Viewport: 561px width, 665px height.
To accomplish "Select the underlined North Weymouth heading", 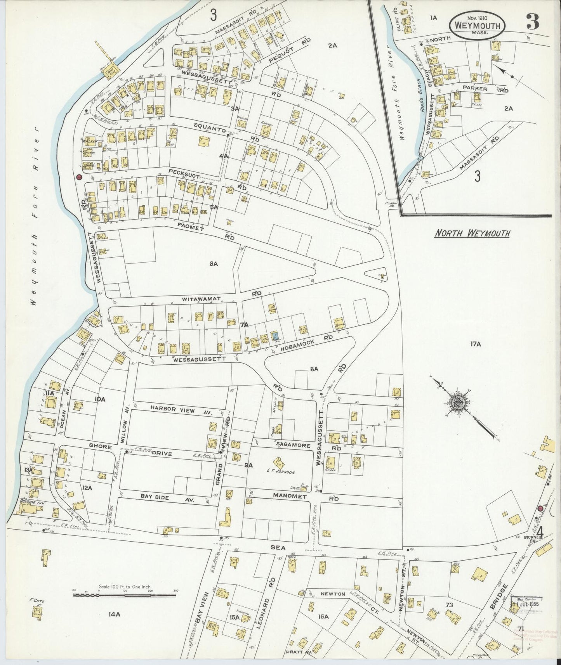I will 472,233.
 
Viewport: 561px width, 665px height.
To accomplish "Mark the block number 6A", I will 214,264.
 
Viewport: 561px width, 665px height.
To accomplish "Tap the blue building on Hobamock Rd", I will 275,336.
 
